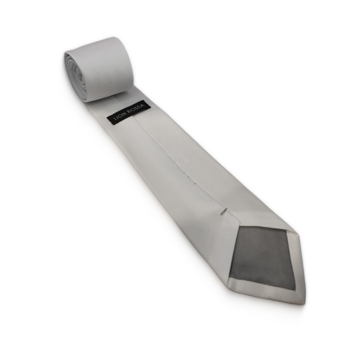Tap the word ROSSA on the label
tap(137, 107)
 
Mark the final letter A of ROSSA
tap(143, 104)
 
